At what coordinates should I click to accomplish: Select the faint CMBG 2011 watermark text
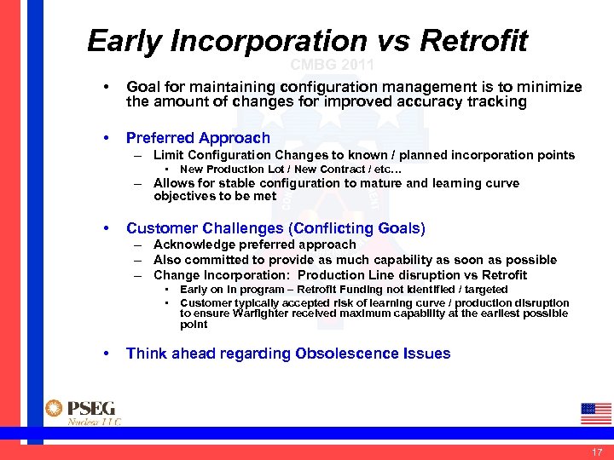point(332,65)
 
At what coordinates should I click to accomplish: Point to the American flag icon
point(595,412)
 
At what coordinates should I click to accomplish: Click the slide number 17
point(596,451)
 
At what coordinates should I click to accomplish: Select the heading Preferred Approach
point(198,138)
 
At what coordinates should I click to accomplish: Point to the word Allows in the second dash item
point(173,183)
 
